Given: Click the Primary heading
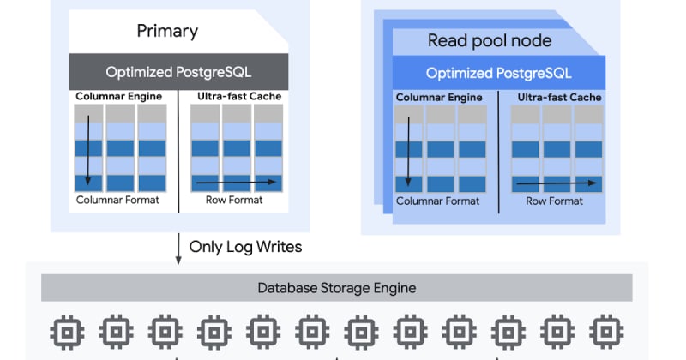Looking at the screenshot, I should click(167, 32).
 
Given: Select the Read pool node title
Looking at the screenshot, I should click(490, 40).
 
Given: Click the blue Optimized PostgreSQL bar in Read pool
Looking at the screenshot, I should click(498, 74).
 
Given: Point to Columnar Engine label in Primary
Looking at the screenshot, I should click(118, 96).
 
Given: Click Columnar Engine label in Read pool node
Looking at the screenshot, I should click(438, 98).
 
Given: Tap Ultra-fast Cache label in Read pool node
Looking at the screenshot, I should click(559, 98).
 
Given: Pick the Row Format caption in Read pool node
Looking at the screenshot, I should click(554, 201).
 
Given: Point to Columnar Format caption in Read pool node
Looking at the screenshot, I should click(437, 201).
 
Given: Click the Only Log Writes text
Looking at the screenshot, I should click(247, 247).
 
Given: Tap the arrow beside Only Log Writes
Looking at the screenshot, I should click(178, 246).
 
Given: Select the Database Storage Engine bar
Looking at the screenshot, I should click(337, 288).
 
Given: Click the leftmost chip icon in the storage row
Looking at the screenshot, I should click(64, 330).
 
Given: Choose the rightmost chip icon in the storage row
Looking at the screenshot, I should click(607, 330).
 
